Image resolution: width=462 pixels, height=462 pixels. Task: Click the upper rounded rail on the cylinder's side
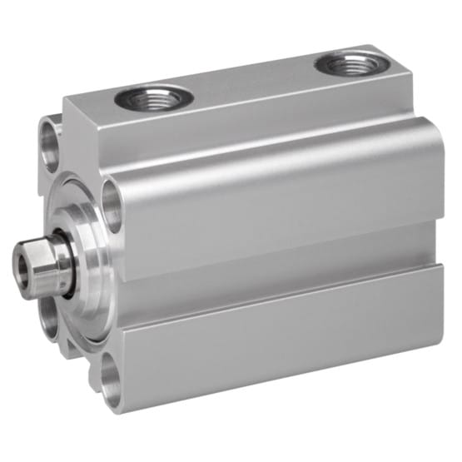click(x=275, y=204)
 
